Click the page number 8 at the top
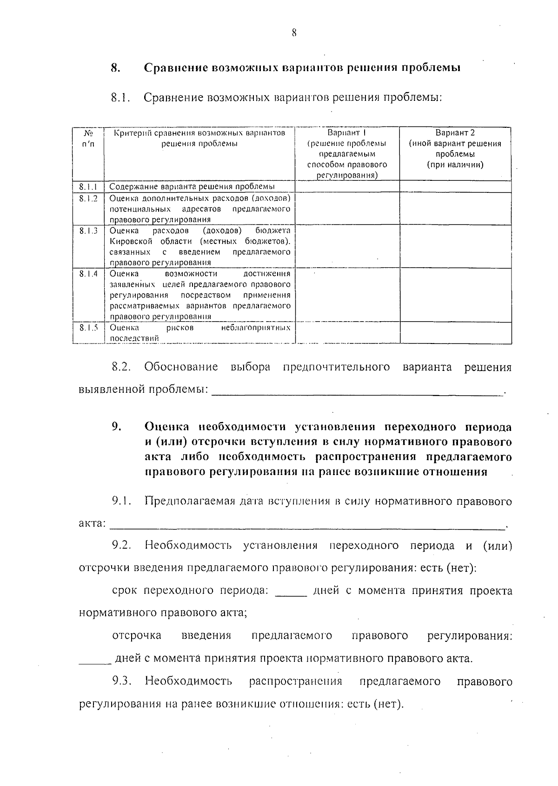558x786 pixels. [293, 33]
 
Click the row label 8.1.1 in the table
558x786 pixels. [87, 187]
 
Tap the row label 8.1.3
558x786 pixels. [88, 231]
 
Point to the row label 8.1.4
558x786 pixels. [88, 274]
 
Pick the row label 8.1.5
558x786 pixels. [88, 328]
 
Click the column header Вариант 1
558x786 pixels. [347, 133]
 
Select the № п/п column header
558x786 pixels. [88, 139]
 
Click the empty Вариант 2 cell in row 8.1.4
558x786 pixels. [455, 295]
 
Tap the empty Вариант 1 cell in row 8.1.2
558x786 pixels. [347, 209]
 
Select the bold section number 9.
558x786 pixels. [116, 427]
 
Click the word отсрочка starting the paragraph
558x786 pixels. [137, 636]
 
